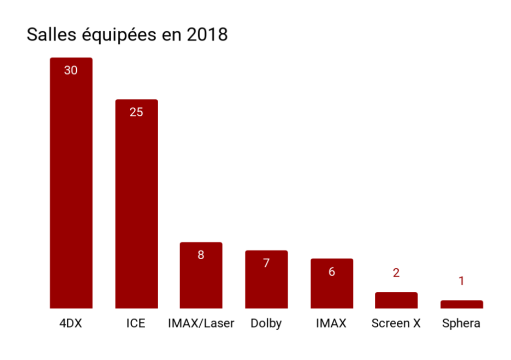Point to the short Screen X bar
(x=396, y=300)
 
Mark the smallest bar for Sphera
(x=462, y=304)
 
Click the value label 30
(x=71, y=70)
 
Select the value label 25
(x=136, y=112)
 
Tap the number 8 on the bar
(x=201, y=255)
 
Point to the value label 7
(x=266, y=263)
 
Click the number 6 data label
(x=332, y=272)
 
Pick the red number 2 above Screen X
(x=396, y=273)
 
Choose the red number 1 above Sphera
(x=462, y=281)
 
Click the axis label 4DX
(x=71, y=324)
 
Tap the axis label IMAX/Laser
(x=201, y=324)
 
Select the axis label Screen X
(x=396, y=324)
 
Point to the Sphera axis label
(x=462, y=324)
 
